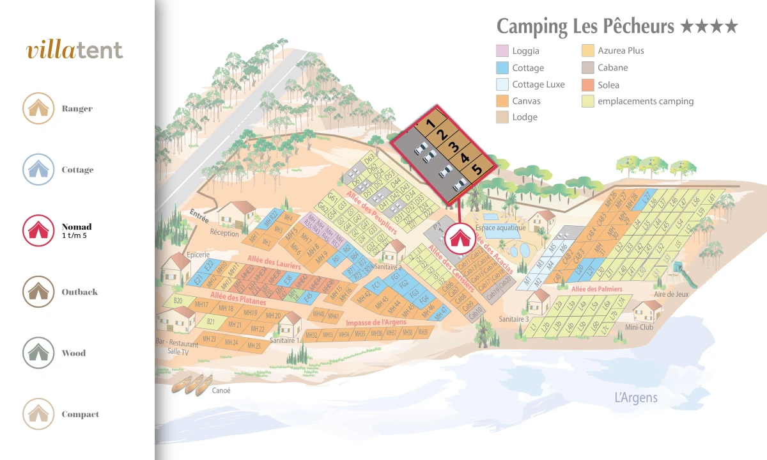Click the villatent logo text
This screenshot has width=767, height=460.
coord(75,51)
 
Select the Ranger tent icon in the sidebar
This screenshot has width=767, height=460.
coord(38,108)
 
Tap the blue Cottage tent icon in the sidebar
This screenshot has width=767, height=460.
coord(38,170)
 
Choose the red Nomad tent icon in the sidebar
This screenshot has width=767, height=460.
coord(38,230)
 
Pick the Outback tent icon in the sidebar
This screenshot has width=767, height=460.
coord(38,292)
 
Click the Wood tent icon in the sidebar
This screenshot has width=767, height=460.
coord(38,353)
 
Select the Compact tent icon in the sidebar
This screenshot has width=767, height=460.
coord(38,414)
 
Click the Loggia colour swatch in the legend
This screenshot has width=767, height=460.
coord(502,51)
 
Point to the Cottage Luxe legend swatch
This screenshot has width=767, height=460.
coord(502,84)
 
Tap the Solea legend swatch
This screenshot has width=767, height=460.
coord(588,84)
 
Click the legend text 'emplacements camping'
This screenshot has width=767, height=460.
coord(646,101)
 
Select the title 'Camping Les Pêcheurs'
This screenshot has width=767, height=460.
coord(585,27)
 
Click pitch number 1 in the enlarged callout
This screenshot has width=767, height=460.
coord(431,122)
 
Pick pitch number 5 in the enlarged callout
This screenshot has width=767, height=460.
coord(476,170)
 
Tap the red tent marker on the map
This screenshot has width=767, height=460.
coord(458,236)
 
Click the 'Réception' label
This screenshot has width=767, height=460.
coord(224,233)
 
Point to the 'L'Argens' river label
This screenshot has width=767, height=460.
coord(635,398)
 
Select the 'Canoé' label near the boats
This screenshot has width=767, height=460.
coord(221,390)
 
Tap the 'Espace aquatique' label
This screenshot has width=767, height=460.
coord(500,228)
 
